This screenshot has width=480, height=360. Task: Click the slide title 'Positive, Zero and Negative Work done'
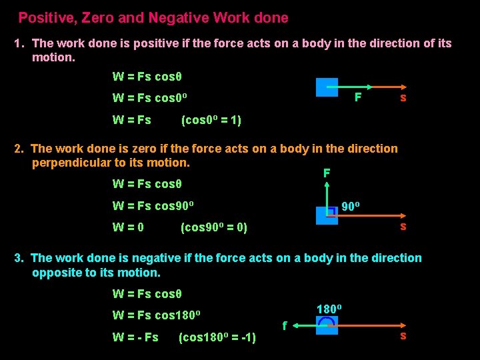point(153,18)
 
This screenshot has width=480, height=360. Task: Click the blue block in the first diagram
point(327,88)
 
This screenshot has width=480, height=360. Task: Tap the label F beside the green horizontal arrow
point(358,97)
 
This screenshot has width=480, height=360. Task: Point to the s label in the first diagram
point(403,98)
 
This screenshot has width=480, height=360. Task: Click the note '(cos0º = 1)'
point(211,121)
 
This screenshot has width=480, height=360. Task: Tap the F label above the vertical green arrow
point(327,173)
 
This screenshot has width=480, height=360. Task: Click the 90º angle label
point(351,207)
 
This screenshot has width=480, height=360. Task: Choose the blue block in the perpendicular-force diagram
point(327,215)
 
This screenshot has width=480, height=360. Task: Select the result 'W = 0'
point(128,227)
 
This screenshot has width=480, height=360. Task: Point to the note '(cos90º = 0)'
point(214,227)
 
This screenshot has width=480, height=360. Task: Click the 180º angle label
point(329,309)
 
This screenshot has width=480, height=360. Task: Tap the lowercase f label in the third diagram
point(285,327)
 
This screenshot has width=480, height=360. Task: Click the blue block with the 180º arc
point(327,325)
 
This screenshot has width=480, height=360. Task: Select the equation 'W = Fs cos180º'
point(157,315)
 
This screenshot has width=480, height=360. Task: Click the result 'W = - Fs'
point(135,337)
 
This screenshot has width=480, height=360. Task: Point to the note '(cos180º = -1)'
point(217,337)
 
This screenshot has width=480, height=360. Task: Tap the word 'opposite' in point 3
point(54,273)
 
